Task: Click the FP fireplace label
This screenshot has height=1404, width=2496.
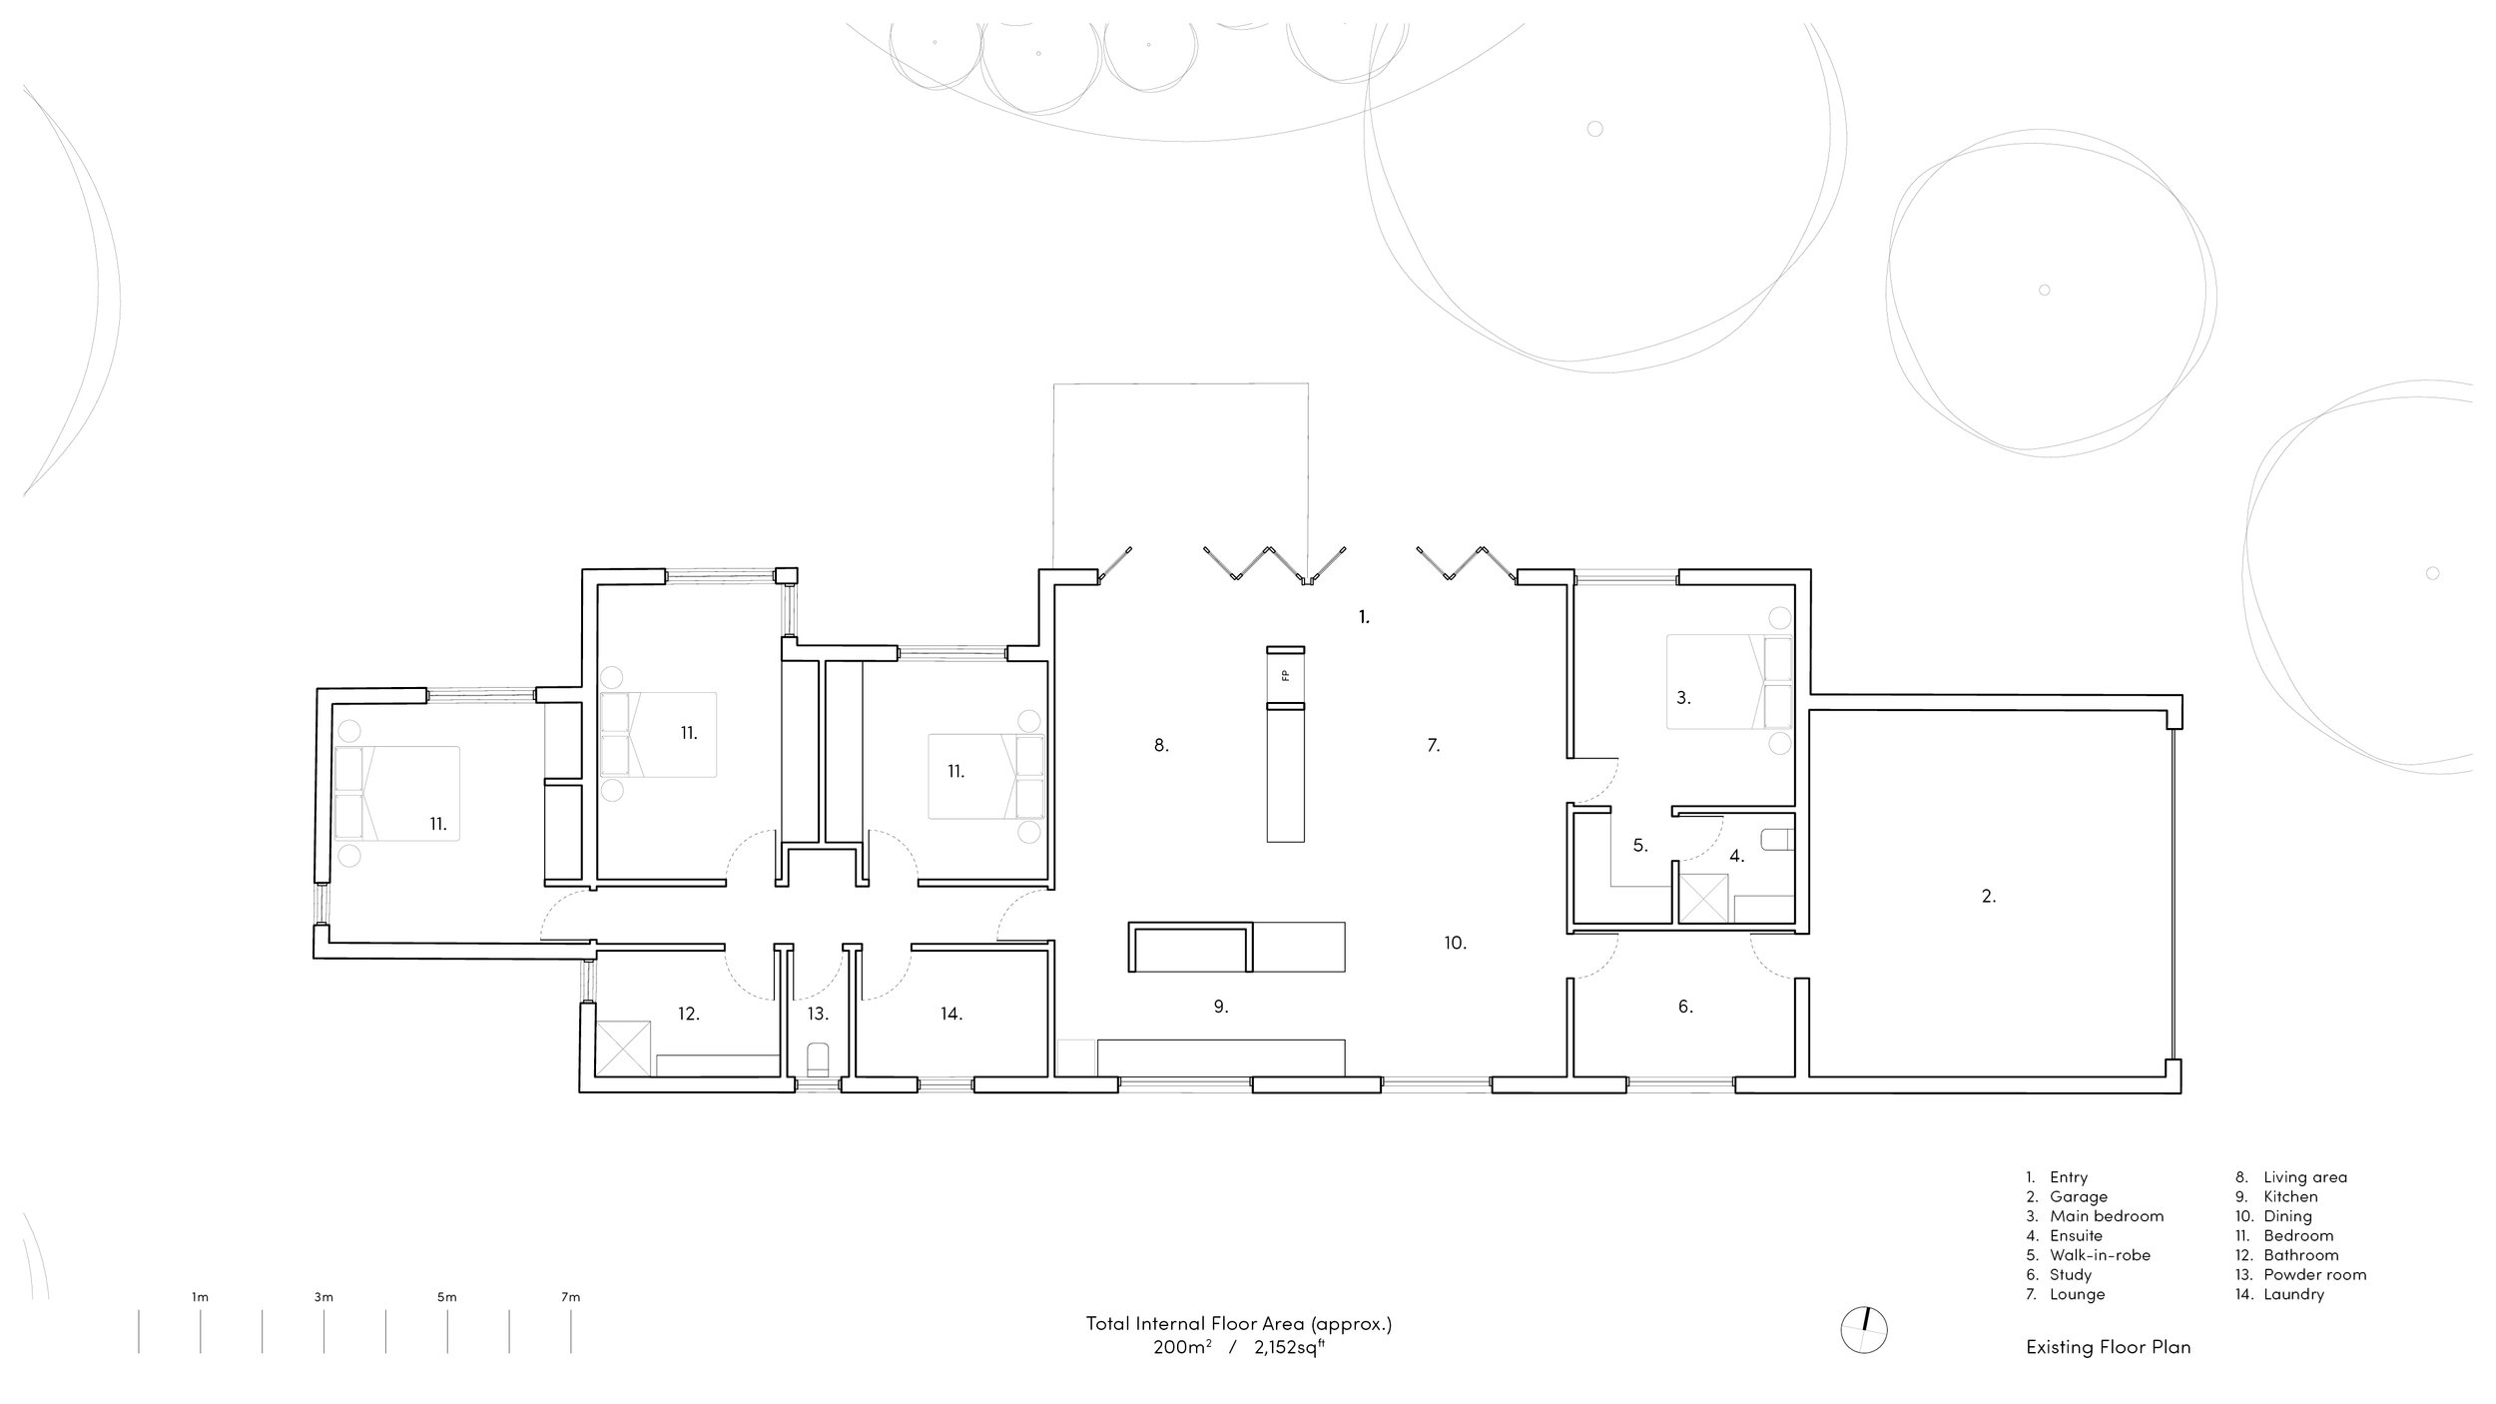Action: [x=1285, y=676]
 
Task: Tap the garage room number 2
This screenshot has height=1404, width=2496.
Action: [x=1988, y=897]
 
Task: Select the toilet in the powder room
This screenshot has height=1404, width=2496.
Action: [x=817, y=1057]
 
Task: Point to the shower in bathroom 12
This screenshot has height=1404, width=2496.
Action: [x=624, y=1048]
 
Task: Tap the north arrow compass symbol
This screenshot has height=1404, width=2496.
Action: [x=1864, y=1330]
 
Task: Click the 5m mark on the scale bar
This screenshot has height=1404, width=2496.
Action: [x=447, y=1297]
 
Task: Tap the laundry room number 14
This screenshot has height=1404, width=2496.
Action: [x=950, y=1014]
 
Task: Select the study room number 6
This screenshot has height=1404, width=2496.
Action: [x=1685, y=1007]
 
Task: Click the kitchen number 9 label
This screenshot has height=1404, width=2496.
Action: [x=1220, y=1007]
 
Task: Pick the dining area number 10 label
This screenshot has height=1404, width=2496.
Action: [x=1455, y=942]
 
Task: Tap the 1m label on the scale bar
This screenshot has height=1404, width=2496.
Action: [x=200, y=1297]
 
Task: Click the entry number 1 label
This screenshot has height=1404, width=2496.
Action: [x=1364, y=617]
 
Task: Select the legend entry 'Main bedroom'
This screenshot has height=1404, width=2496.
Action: [x=2107, y=1216]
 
